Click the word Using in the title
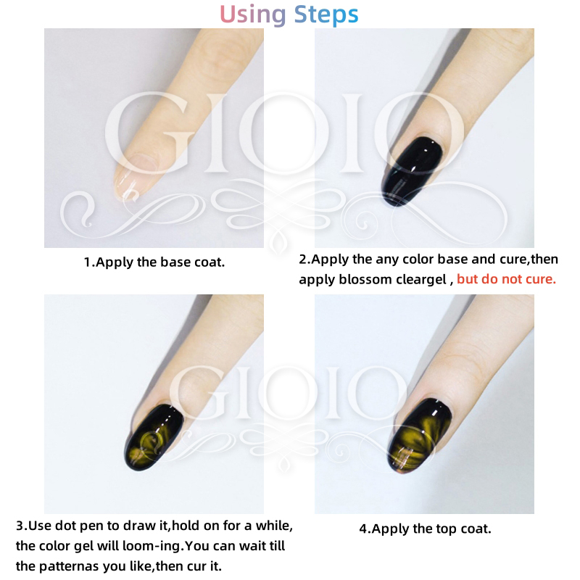252,14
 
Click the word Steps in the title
326,14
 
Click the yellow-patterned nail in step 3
154,437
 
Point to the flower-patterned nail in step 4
419,436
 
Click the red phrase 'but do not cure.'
506,279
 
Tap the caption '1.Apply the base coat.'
154,262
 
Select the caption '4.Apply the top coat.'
425,529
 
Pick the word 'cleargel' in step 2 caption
421,280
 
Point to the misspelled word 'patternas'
69,566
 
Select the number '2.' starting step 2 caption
304,259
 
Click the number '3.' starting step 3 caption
22,526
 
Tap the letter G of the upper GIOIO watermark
150,133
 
